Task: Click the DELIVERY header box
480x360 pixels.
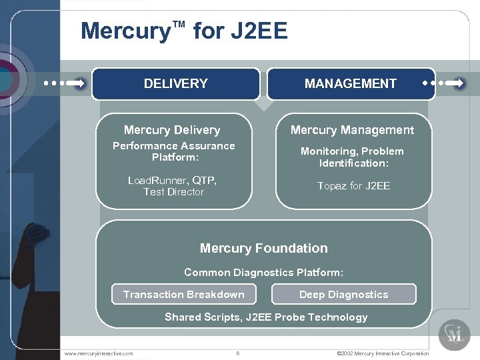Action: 175,84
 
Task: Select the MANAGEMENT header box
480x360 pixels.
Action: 351,84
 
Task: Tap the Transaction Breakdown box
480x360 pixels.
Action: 184,294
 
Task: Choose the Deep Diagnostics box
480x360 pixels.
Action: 343,294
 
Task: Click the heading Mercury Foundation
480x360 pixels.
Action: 264,248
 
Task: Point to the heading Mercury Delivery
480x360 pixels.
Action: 172,130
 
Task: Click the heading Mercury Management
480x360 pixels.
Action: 352,130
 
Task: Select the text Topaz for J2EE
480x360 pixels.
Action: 353,186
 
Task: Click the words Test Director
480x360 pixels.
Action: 173,192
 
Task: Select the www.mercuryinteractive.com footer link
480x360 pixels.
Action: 99,353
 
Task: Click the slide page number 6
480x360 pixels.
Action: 238,353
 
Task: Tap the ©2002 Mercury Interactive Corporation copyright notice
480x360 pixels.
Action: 383,353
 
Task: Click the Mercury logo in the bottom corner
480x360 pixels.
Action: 454,334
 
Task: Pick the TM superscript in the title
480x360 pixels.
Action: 178,25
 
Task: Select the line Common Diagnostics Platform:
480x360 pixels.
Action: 264,272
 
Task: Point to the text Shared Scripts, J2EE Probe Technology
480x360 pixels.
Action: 266,317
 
